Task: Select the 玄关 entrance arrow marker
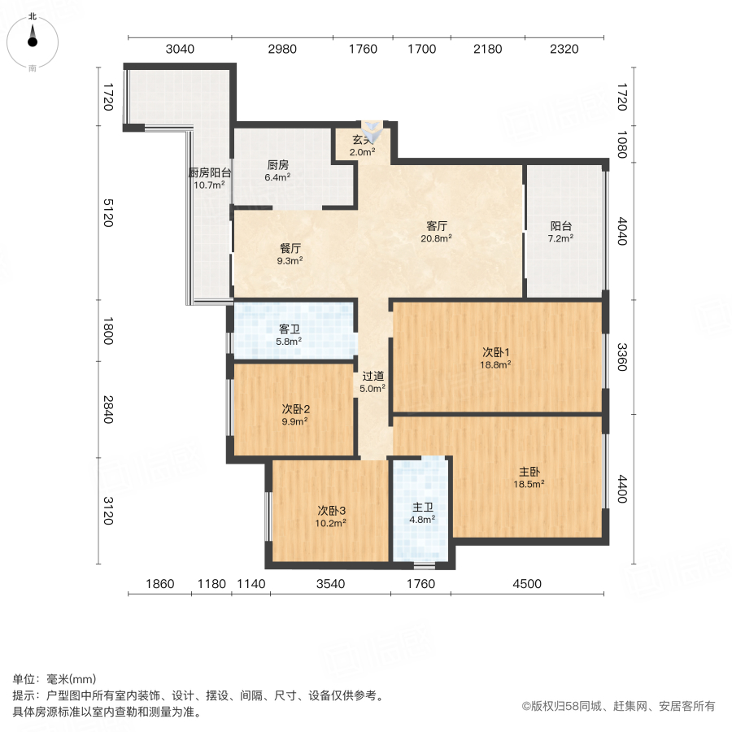click(370, 133)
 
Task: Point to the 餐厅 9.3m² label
click(290, 255)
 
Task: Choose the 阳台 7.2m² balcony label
click(560, 233)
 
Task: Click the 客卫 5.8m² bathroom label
click(290, 335)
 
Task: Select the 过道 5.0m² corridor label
click(373, 382)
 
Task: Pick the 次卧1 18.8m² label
click(496, 359)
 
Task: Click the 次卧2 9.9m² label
click(294, 415)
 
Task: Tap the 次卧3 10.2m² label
click(332, 516)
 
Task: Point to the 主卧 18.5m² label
click(529, 477)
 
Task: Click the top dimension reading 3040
click(180, 49)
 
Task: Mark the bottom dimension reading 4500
click(526, 583)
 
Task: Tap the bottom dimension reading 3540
click(331, 583)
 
